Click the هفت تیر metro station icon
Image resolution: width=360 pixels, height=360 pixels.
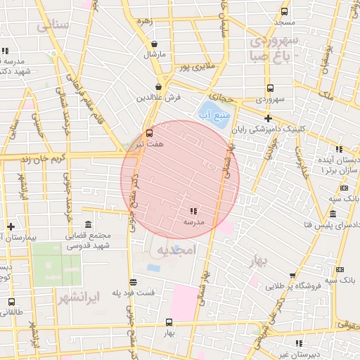(148, 133)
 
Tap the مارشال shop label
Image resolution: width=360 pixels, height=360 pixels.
(153, 54)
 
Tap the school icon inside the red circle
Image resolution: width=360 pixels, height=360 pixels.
(193, 211)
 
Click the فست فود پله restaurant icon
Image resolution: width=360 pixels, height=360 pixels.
(133, 281)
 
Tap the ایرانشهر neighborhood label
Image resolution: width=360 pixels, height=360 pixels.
(77, 297)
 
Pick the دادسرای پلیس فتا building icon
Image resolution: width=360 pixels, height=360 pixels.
(332, 215)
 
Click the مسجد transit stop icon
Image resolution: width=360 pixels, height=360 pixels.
(284, 12)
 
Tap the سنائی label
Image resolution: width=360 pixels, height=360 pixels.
(53, 26)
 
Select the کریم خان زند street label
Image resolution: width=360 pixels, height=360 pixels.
(29, 159)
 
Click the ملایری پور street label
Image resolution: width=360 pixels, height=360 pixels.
(193, 68)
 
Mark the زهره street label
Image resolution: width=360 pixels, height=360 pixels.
(145, 21)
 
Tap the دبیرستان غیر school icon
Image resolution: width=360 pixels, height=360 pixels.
(299, 344)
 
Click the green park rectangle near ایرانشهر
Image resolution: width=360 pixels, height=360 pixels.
(56, 268)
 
